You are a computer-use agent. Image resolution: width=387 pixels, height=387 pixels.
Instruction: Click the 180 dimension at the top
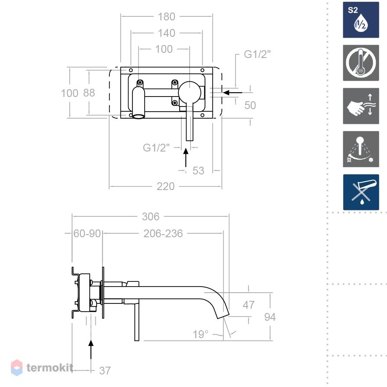[166, 17]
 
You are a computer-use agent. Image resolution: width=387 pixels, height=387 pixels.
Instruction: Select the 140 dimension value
[166, 33]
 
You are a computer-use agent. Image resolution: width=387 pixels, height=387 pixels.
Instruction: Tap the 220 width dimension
[165, 186]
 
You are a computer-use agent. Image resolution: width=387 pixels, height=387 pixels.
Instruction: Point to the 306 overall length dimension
[151, 217]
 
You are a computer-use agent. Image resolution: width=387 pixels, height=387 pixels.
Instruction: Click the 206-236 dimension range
[163, 233]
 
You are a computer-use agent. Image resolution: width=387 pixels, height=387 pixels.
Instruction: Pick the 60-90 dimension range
[87, 233]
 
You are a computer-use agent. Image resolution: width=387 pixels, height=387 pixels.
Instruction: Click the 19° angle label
[200, 335]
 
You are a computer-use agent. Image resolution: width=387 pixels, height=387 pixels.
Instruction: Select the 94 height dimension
[270, 317]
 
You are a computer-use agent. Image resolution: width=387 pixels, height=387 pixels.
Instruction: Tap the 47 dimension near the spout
[248, 305]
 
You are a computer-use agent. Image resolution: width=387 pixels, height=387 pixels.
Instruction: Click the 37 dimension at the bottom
[105, 371]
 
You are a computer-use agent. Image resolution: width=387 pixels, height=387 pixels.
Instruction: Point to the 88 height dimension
[89, 93]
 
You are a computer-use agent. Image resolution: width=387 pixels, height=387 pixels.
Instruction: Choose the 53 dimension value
[198, 171]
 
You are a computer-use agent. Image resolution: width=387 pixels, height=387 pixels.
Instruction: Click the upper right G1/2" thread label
[257, 54]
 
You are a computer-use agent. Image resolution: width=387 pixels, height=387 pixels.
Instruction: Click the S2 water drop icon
[361, 20]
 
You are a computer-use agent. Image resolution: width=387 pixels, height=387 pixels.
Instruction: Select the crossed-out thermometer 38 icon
[361, 63]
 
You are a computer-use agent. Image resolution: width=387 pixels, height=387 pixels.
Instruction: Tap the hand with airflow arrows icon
[361, 106]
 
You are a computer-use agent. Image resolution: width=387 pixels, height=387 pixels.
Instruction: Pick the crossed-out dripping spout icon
[361, 192]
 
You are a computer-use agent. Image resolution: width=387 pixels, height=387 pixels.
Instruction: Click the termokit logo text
[50, 368]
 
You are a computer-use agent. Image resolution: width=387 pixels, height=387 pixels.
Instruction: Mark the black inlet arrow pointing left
[232, 93]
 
